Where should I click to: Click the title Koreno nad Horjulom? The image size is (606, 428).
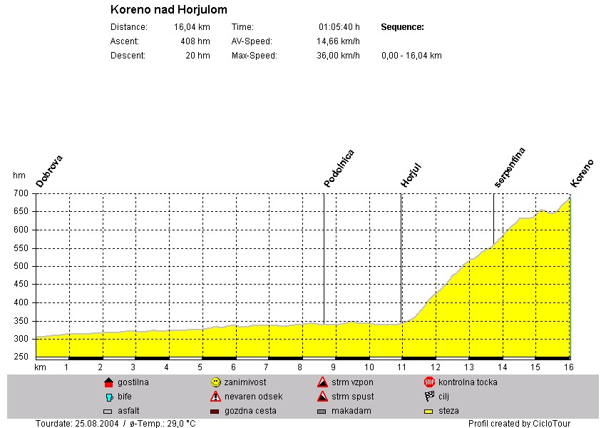click(169, 10)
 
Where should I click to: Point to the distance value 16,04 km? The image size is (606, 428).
click(192, 27)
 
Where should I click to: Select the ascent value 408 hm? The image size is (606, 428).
click(195, 41)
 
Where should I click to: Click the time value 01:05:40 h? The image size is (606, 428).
click(339, 27)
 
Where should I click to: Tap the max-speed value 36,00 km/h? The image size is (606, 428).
click(338, 56)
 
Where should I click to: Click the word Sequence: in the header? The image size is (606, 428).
click(403, 27)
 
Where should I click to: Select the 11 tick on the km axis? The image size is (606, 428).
click(402, 367)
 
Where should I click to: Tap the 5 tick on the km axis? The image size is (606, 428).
click(200, 367)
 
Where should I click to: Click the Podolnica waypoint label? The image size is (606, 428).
click(339, 169)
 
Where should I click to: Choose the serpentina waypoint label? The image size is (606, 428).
click(510, 168)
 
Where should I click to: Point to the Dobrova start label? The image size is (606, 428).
click(50, 171)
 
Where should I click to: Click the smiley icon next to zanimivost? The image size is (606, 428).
click(216, 382)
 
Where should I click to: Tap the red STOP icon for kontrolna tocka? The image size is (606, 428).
click(429, 382)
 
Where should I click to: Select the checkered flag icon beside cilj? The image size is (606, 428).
click(429, 397)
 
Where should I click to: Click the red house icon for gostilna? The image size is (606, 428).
click(108, 382)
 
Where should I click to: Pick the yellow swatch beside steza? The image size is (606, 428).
click(429, 411)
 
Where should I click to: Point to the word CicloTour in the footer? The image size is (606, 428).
click(552, 423)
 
